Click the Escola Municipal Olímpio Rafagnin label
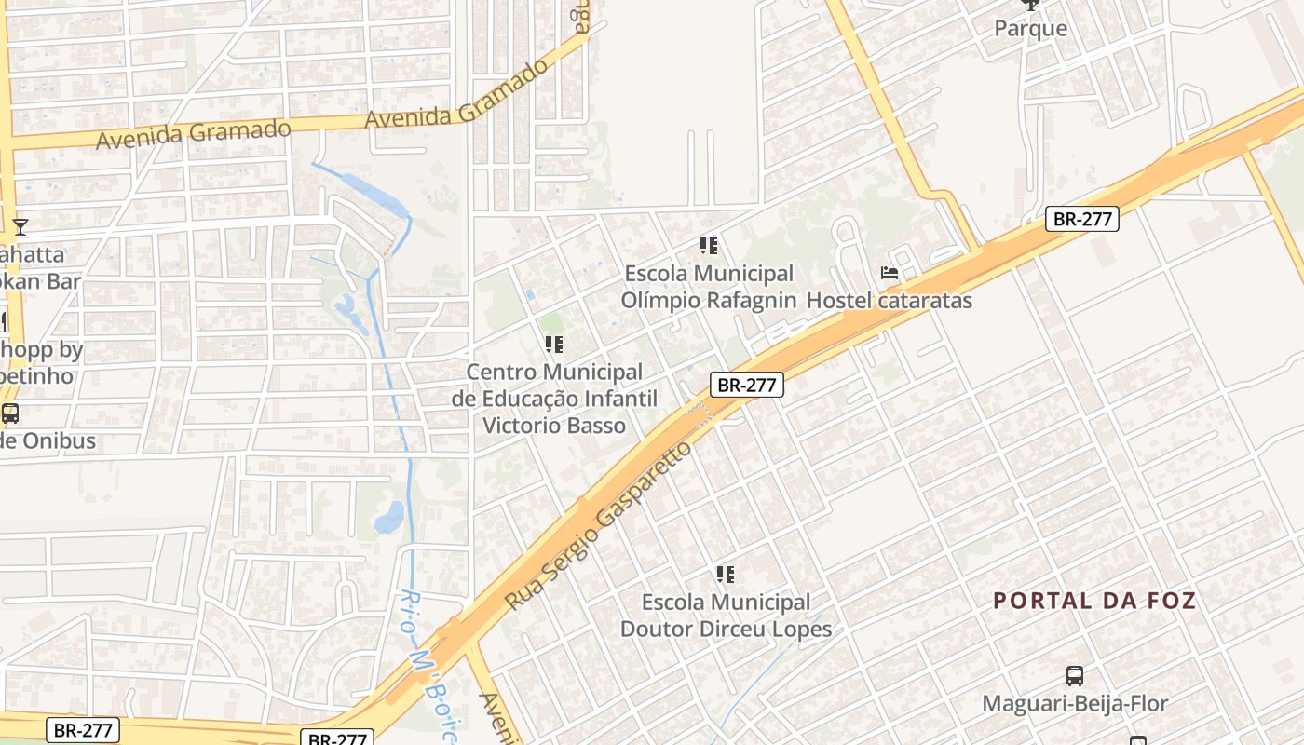(x=708, y=287)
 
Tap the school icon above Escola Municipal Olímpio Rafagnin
(x=709, y=246)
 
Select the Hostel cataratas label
(x=889, y=301)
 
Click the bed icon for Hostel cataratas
(x=890, y=273)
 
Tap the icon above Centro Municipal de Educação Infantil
(x=554, y=345)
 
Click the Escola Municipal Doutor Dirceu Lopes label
(x=726, y=616)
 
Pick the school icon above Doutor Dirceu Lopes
(x=726, y=575)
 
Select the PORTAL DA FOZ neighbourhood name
(x=1094, y=601)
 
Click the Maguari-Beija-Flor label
(x=1075, y=703)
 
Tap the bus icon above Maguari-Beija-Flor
(x=1075, y=676)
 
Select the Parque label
(x=1030, y=29)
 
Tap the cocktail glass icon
(x=20, y=225)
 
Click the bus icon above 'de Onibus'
(x=10, y=413)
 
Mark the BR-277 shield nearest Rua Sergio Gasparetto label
(x=746, y=385)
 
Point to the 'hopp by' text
(x=42, y=350)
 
